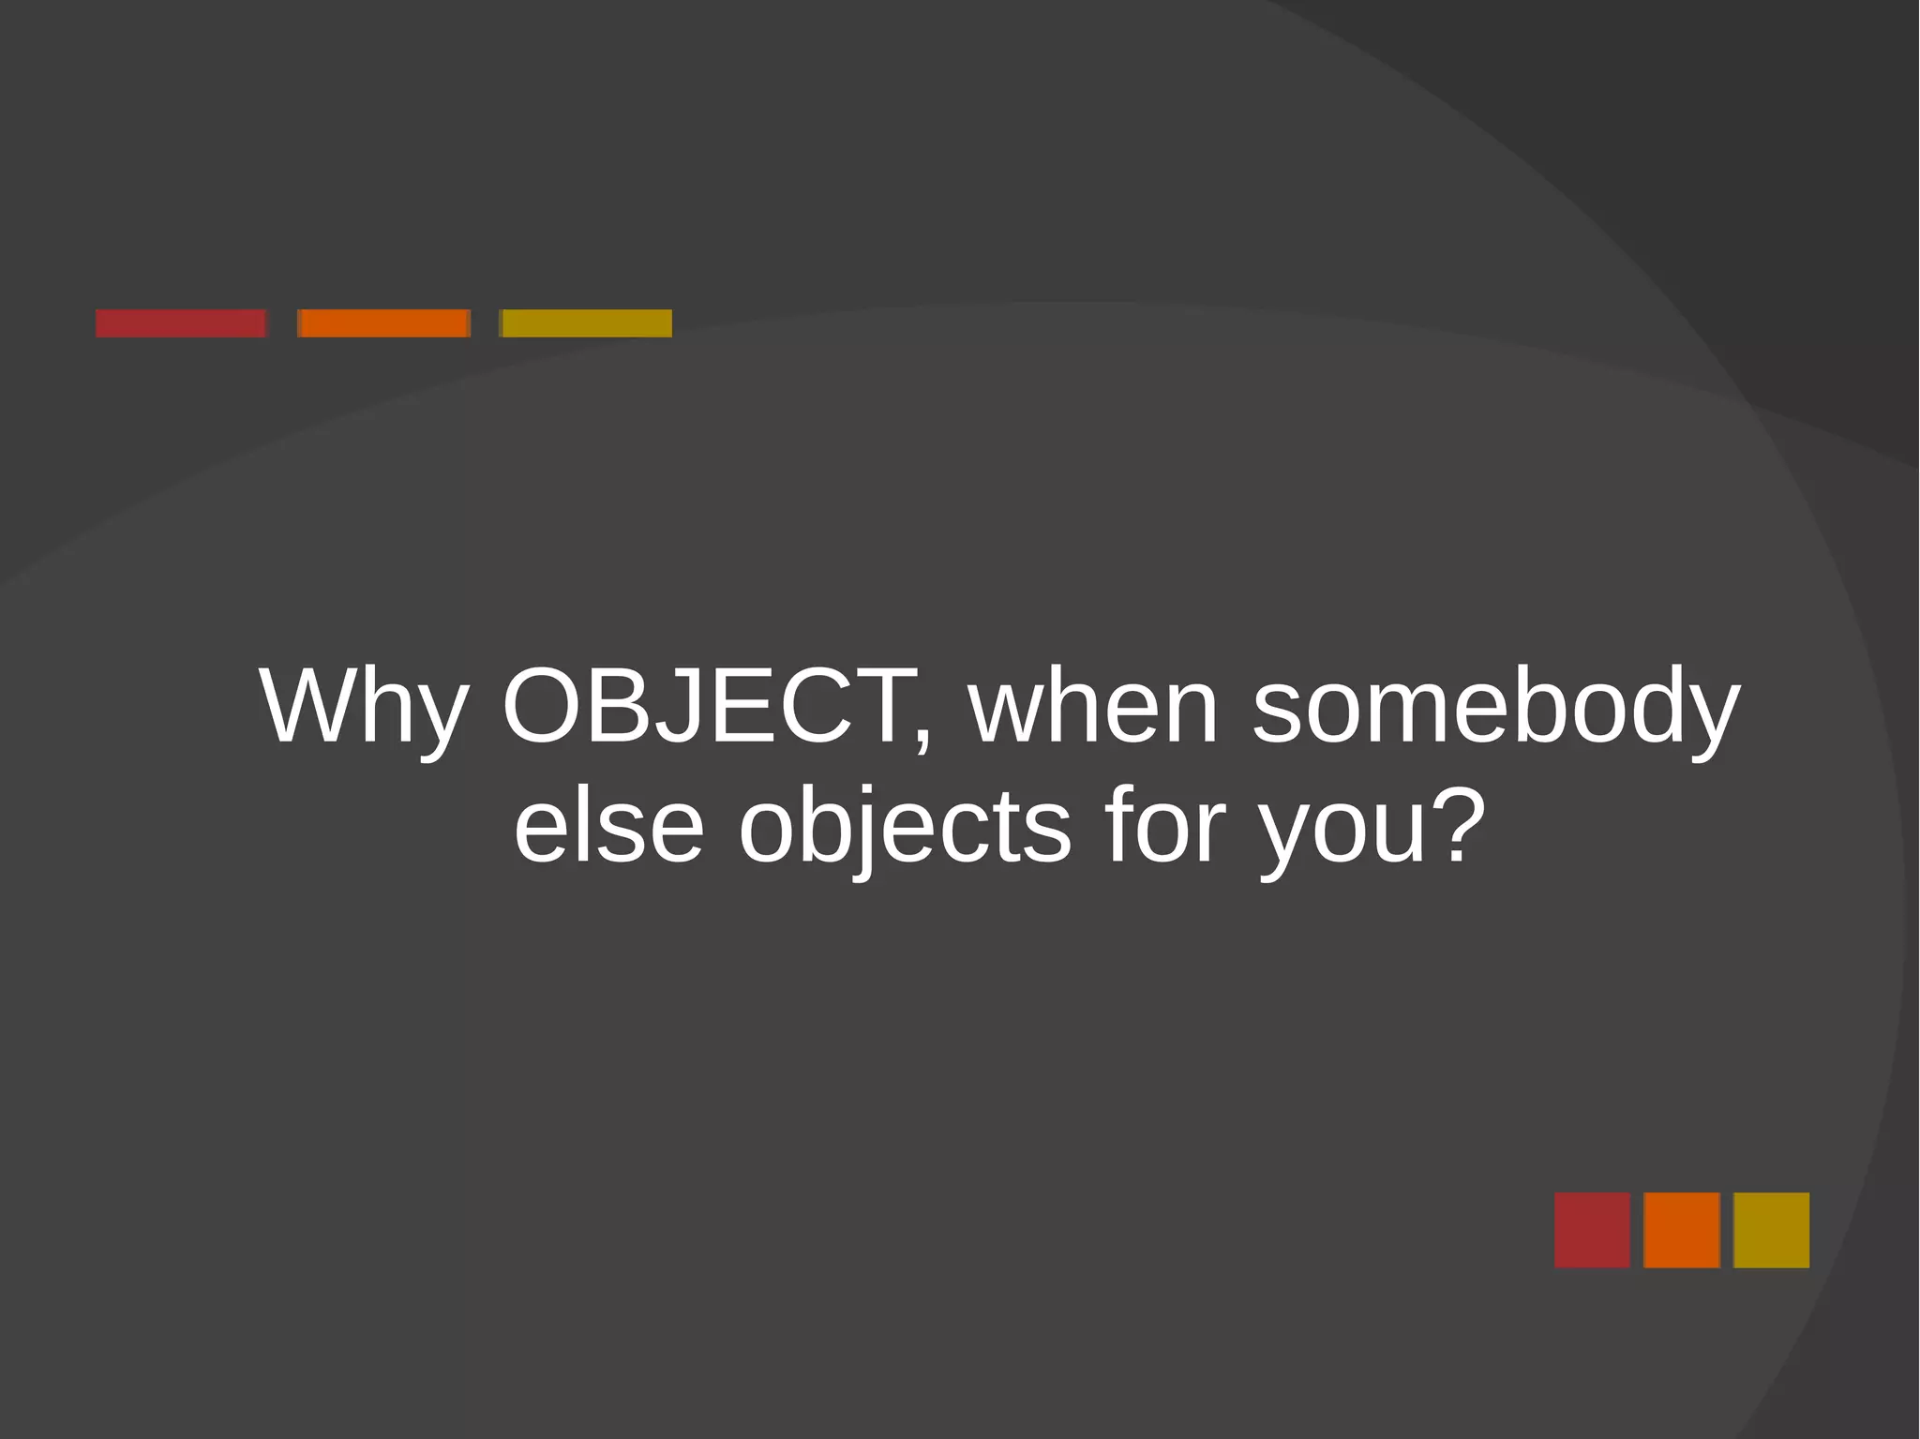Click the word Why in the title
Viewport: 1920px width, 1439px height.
(x=364, y=707)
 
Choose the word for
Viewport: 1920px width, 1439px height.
(x=1164, y=825)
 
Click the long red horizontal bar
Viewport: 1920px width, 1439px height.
(x=181, y=323)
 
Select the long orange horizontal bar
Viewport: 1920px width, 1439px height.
(x=383, y=323)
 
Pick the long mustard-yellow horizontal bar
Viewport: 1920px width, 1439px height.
(x=586, y=323)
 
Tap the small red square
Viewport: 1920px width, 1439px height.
(x=1592, y=1230)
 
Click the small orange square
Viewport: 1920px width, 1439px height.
(x=1682, y=1230)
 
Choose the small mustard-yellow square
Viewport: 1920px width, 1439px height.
(x=1771, y=1230)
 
